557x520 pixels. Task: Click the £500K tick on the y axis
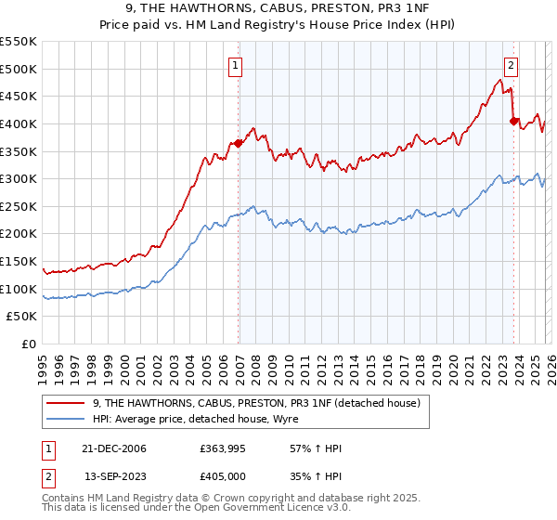coord(18,69)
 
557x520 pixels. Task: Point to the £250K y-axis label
coord(18,206)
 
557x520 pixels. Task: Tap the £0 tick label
coord(28,344)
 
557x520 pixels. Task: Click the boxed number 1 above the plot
coord(237,65)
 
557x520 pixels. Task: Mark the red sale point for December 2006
coord(239,143)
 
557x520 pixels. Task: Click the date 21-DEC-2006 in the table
coord(115,448)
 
